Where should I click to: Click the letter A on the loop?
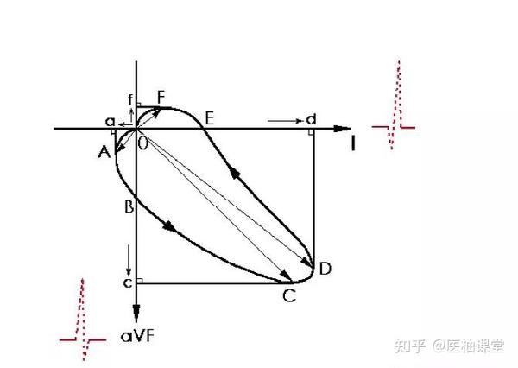[104, 153]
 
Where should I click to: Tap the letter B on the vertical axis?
[129, 207]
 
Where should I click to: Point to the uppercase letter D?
[325, 269]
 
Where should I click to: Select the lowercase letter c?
[127, 282]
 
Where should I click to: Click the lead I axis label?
[353, 143]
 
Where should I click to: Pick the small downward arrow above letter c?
[128, 257]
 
